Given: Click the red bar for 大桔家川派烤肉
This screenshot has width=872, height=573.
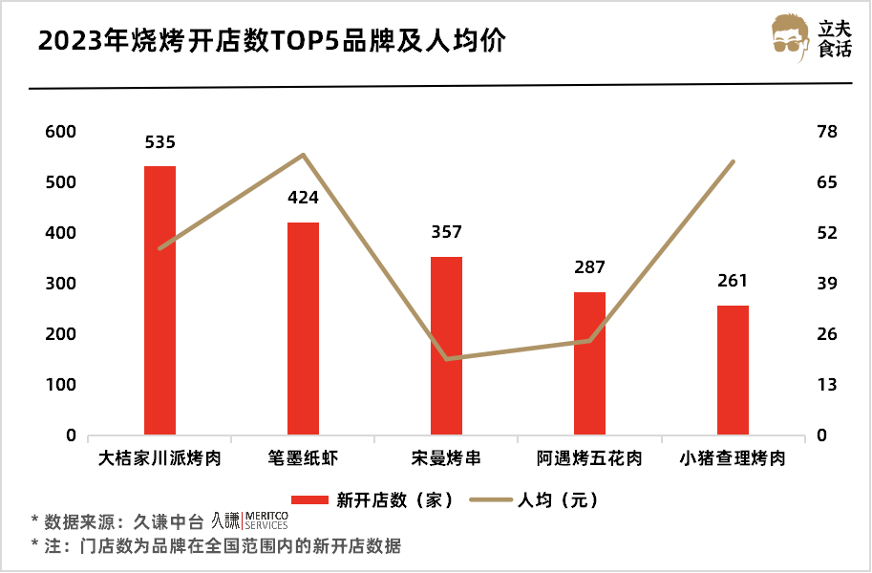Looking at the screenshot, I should pyautogui.click(x=160, y=301).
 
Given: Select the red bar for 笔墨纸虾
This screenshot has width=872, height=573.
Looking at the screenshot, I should pyautogui.click(x=303, y=329).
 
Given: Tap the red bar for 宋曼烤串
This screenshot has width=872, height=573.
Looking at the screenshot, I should pyautogui.click(x=446, y=346).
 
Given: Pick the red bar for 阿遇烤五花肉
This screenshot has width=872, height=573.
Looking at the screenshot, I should pyautogui.click(x=589, y=364).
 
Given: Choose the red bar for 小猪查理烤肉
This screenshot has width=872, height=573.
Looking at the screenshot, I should pyautogui.click(x=733, y=371).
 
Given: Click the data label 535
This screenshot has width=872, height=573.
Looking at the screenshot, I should pyautogui.click(x=160, y=142).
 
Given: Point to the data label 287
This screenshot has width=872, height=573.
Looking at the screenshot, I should pyautogui.click(x=589, y=267).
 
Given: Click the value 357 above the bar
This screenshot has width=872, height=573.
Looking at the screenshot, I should pyautogui.click(x=446, y=232).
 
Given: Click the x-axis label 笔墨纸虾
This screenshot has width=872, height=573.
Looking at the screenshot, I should pyautogui.click(x=303, y=458).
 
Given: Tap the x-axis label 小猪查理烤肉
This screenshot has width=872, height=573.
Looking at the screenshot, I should pyautogui.click(x=733, y=458).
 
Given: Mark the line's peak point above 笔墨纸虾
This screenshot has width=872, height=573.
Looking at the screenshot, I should pyautogui.click(x=303, y=155).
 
